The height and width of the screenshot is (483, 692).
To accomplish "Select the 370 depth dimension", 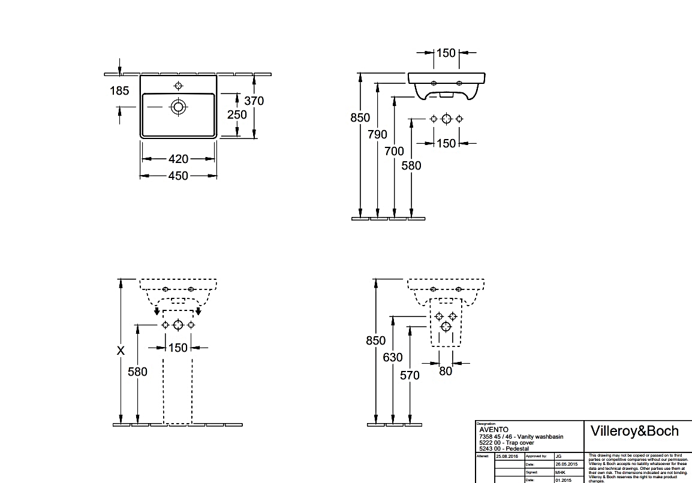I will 254,101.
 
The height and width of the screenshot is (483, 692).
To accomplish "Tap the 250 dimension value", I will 237,114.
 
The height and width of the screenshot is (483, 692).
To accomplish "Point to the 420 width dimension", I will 178,159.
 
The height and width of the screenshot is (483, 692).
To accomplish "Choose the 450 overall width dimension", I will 178,176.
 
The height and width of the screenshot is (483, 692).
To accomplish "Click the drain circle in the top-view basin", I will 178,107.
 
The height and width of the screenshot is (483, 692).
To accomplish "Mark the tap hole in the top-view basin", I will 178,84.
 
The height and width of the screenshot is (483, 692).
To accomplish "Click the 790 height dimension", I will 377,135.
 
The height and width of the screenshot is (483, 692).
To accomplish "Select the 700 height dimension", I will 394,152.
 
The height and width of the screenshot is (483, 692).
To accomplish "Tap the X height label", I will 121,351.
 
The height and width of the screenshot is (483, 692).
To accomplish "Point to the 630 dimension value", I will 393,358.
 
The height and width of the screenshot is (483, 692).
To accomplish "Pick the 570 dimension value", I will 410,375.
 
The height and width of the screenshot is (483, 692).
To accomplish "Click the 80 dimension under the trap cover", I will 445,372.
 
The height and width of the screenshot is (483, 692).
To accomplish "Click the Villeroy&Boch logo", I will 635,431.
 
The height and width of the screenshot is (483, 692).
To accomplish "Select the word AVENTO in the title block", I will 494,429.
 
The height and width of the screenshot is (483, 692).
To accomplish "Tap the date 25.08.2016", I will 507,456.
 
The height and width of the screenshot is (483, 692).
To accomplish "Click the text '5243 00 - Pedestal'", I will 504,448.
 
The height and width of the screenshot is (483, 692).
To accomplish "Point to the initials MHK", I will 560,472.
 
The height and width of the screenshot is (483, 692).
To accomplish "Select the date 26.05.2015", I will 566,464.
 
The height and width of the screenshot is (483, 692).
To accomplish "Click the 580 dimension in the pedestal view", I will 137,372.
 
